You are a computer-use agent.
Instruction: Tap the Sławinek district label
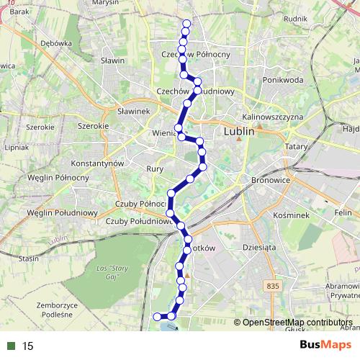(x=132, y=111)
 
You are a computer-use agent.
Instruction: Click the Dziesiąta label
(x=260, y=247)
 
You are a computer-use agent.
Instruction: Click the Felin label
(x=342, y=214)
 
